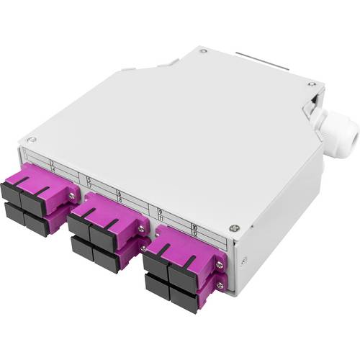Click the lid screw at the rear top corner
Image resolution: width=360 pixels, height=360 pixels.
pyautogui.click(x=204, y=50)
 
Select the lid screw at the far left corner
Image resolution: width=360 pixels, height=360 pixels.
pyautogui.click(x=31, y=139)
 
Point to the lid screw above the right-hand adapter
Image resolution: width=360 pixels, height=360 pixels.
pyautogui.click(x=233, y=228)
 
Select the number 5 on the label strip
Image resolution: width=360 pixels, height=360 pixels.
pyautogui.click(x=89, y=178)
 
